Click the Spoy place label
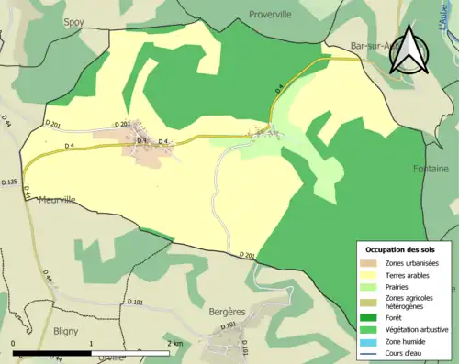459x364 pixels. (x=74, y=21)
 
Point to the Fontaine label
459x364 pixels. (x=431, y=169)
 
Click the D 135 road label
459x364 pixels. (x=10, y=182)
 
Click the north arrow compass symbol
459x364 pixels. (x=409, y=50)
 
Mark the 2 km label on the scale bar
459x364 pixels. (x=174, y=343)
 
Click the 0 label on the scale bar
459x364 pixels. (x=14, y=343)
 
